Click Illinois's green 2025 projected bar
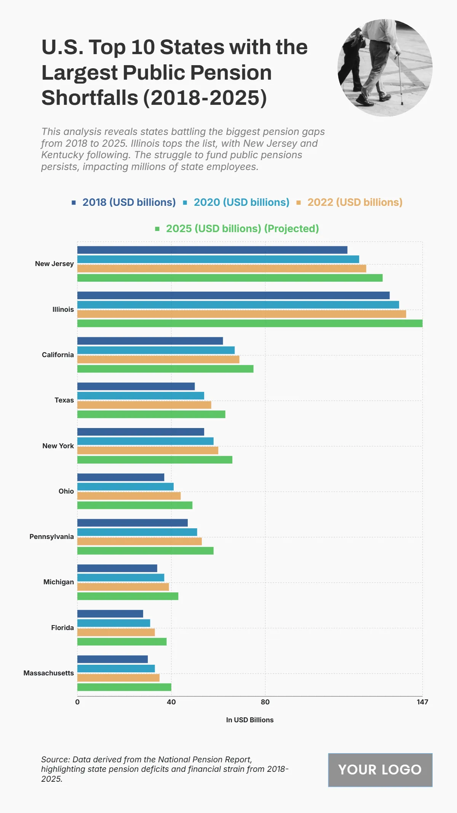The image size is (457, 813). click(x=250, y=323)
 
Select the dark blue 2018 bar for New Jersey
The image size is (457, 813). click(x=212, y=250)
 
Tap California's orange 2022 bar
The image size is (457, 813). click(x=158, y=359)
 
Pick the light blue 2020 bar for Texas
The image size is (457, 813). click(x=141, y=396)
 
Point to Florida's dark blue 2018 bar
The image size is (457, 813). click(x=110, y=614)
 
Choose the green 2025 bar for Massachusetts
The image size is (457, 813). click(x=124, y=687)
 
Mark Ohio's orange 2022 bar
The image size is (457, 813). click(x=129, y=496)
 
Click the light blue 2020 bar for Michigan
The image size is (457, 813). click(x=121, y=577)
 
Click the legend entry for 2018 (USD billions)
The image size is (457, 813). click(x=124, y=202)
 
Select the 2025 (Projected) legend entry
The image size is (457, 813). click(x=237, y=229)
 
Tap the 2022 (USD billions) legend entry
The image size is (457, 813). click(x=350, y=202)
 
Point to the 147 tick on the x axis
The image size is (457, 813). click(x=422, y=702)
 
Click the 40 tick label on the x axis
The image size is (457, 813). click(x=171, y=702)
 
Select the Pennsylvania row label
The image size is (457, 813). click(x=52, y=537)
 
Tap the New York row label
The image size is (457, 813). click(x=58, y=446)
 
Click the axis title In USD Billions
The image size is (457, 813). click(x=250, y=720)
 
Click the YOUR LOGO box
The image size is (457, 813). click(x=380, y=770)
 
